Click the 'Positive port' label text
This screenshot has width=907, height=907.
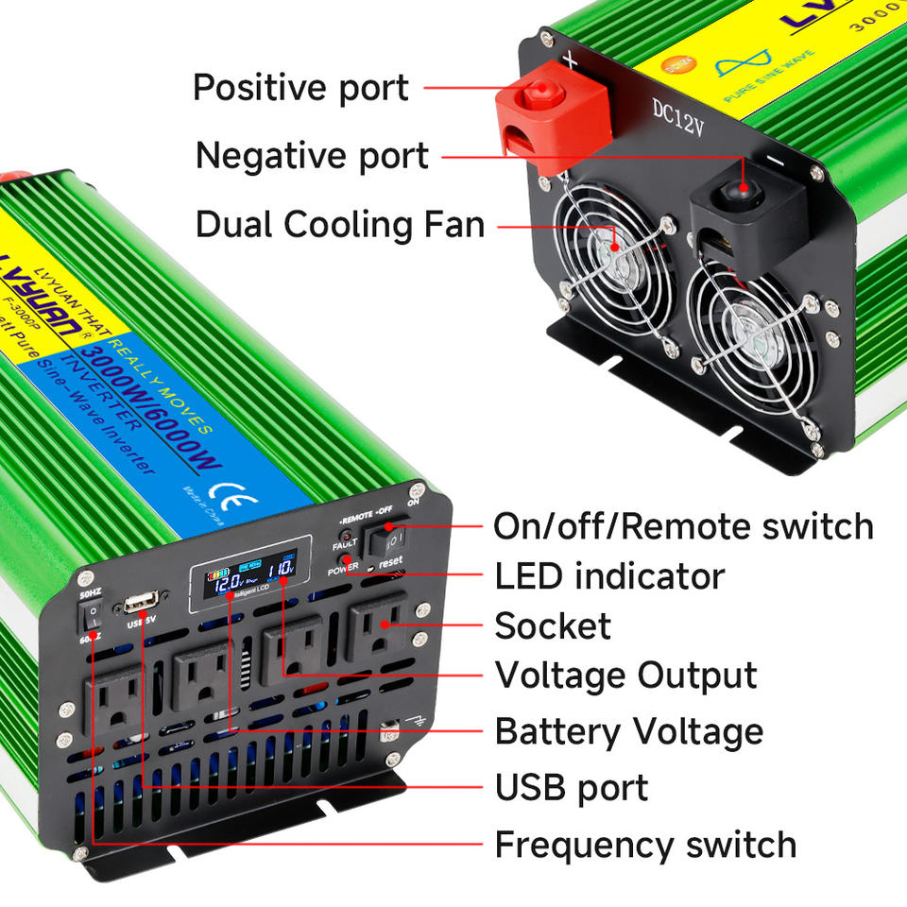pyautogui.click(x=300, y=88)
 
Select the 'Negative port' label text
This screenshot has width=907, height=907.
pyautogui.click(x=312, y=155)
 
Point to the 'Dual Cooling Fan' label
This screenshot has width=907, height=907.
pyautogui.click(x=339, y=226)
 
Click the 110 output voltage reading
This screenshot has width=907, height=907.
pyautogui.click(x=281, y=571)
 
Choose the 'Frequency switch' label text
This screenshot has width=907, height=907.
pyautogui.click(x=645, y=844)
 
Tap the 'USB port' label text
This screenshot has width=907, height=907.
pyautogui.click(x=572, y=787)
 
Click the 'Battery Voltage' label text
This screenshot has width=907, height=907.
pyautogui.click(x=629, y=731)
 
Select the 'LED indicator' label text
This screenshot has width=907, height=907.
pyautogui.click(x=609, y=575)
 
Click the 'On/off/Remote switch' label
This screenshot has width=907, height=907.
pyautogui.click(x=683, y=526)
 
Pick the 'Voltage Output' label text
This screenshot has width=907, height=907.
pyautogui.click(x=625, y=676)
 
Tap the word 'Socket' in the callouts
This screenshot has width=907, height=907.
pyautogui.click(x=553, y=625)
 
